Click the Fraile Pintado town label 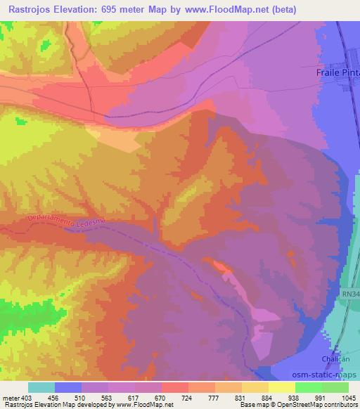(x=336, y=72)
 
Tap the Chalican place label (x=335, y=358)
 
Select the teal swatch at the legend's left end (x=41, y=387)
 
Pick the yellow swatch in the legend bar (x=282, y=387)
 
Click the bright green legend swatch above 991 (x=309, y=387)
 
